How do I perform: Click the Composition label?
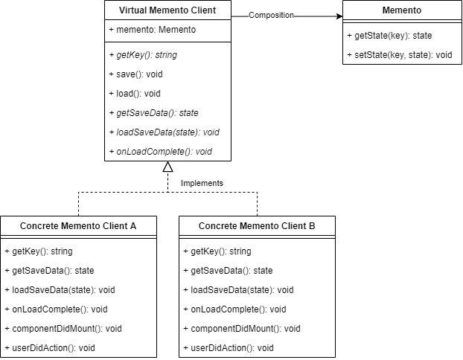point(271,15)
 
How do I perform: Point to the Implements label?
point(202,183)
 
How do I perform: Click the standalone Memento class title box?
point(402,10)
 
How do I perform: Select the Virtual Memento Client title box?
point(167,10)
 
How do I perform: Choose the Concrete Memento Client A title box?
point(78,225)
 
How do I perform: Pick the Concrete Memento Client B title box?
point(257,225)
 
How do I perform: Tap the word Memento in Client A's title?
point(78,225)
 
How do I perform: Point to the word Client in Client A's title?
point(113,225)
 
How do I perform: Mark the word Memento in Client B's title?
point(257,225)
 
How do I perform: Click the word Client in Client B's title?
point(292,225)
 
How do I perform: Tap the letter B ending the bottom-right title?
point(312,225)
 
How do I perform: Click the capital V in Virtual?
point(122,10)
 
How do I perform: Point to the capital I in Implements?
point(183,183)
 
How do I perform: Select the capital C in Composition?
point(252,15)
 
